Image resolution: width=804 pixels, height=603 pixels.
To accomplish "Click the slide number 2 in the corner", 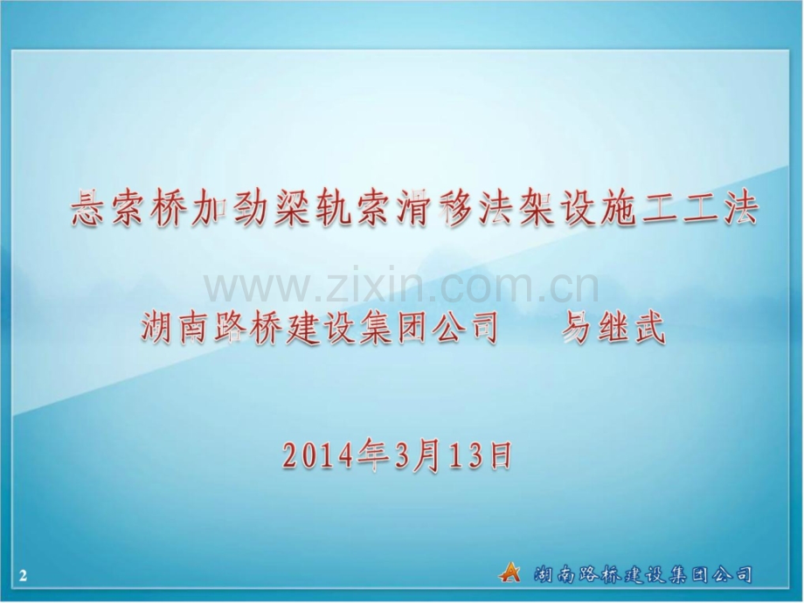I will tap(24, 575).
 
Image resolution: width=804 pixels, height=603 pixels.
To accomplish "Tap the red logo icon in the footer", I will tap(509, 572).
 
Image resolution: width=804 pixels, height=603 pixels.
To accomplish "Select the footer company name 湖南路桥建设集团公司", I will tap(642, 574).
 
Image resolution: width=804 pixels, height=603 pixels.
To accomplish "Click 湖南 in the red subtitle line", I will tap(179, 330).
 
